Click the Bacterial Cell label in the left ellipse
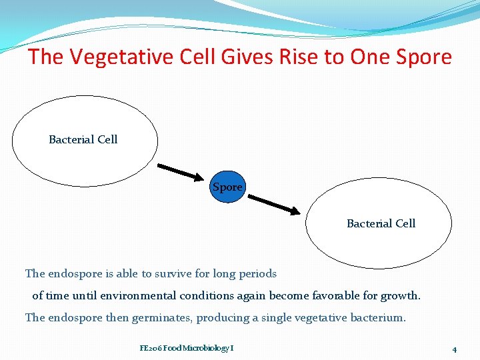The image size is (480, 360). [x=83, y=139]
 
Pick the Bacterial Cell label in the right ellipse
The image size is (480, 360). [x=381, y=223]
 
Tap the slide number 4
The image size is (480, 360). [x=454, y=349]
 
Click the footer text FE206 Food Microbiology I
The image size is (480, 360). [x=187, y=348]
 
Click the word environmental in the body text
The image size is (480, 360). [x=151, y=295]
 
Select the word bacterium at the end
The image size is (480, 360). [x=377, y=317]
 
